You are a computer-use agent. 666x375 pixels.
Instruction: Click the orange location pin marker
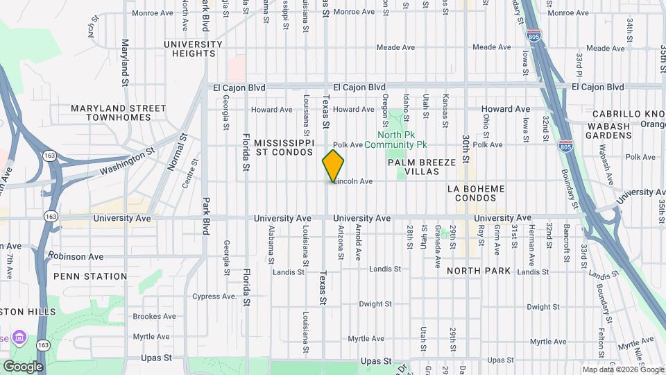tap(333, 165)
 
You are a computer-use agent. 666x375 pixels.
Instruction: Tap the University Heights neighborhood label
tap(193, 49)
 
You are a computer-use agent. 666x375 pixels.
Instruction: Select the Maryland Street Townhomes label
tap(119, 112)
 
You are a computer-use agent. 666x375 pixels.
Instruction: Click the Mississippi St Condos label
tap(281, 146)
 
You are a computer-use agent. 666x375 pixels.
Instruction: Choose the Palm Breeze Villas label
tap(422, 167)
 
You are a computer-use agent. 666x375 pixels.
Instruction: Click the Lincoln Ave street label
tap(354, 181)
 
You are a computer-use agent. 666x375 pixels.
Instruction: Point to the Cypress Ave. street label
tap(216, 297)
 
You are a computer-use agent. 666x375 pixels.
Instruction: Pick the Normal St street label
tap(173, 153)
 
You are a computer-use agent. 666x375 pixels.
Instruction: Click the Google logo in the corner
tap(22, 366)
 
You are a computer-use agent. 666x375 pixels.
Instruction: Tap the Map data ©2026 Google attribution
tap(622, 369)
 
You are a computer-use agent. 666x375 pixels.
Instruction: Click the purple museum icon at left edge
tap(19, 337)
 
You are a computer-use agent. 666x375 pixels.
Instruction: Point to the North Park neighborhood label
tap(479, 271)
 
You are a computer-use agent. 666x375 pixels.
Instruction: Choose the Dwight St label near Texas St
tap(376, 304)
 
